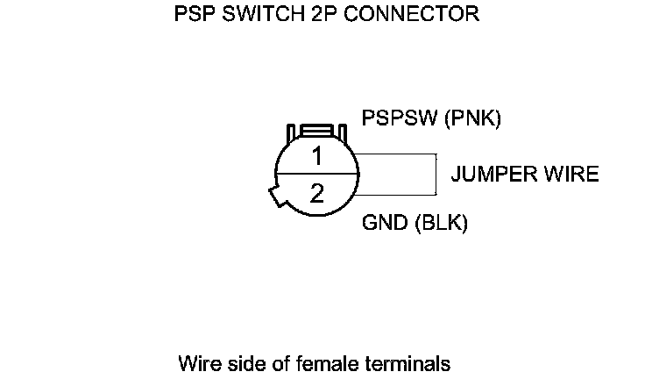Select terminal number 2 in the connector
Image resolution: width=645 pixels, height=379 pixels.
coord(317,192)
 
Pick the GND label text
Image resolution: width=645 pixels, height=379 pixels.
coord(384,223)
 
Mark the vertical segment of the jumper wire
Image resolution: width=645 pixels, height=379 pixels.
coord(436,175)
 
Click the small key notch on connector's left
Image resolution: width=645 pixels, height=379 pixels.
coord(274,197)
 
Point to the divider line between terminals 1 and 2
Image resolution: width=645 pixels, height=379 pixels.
coord(317,175)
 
